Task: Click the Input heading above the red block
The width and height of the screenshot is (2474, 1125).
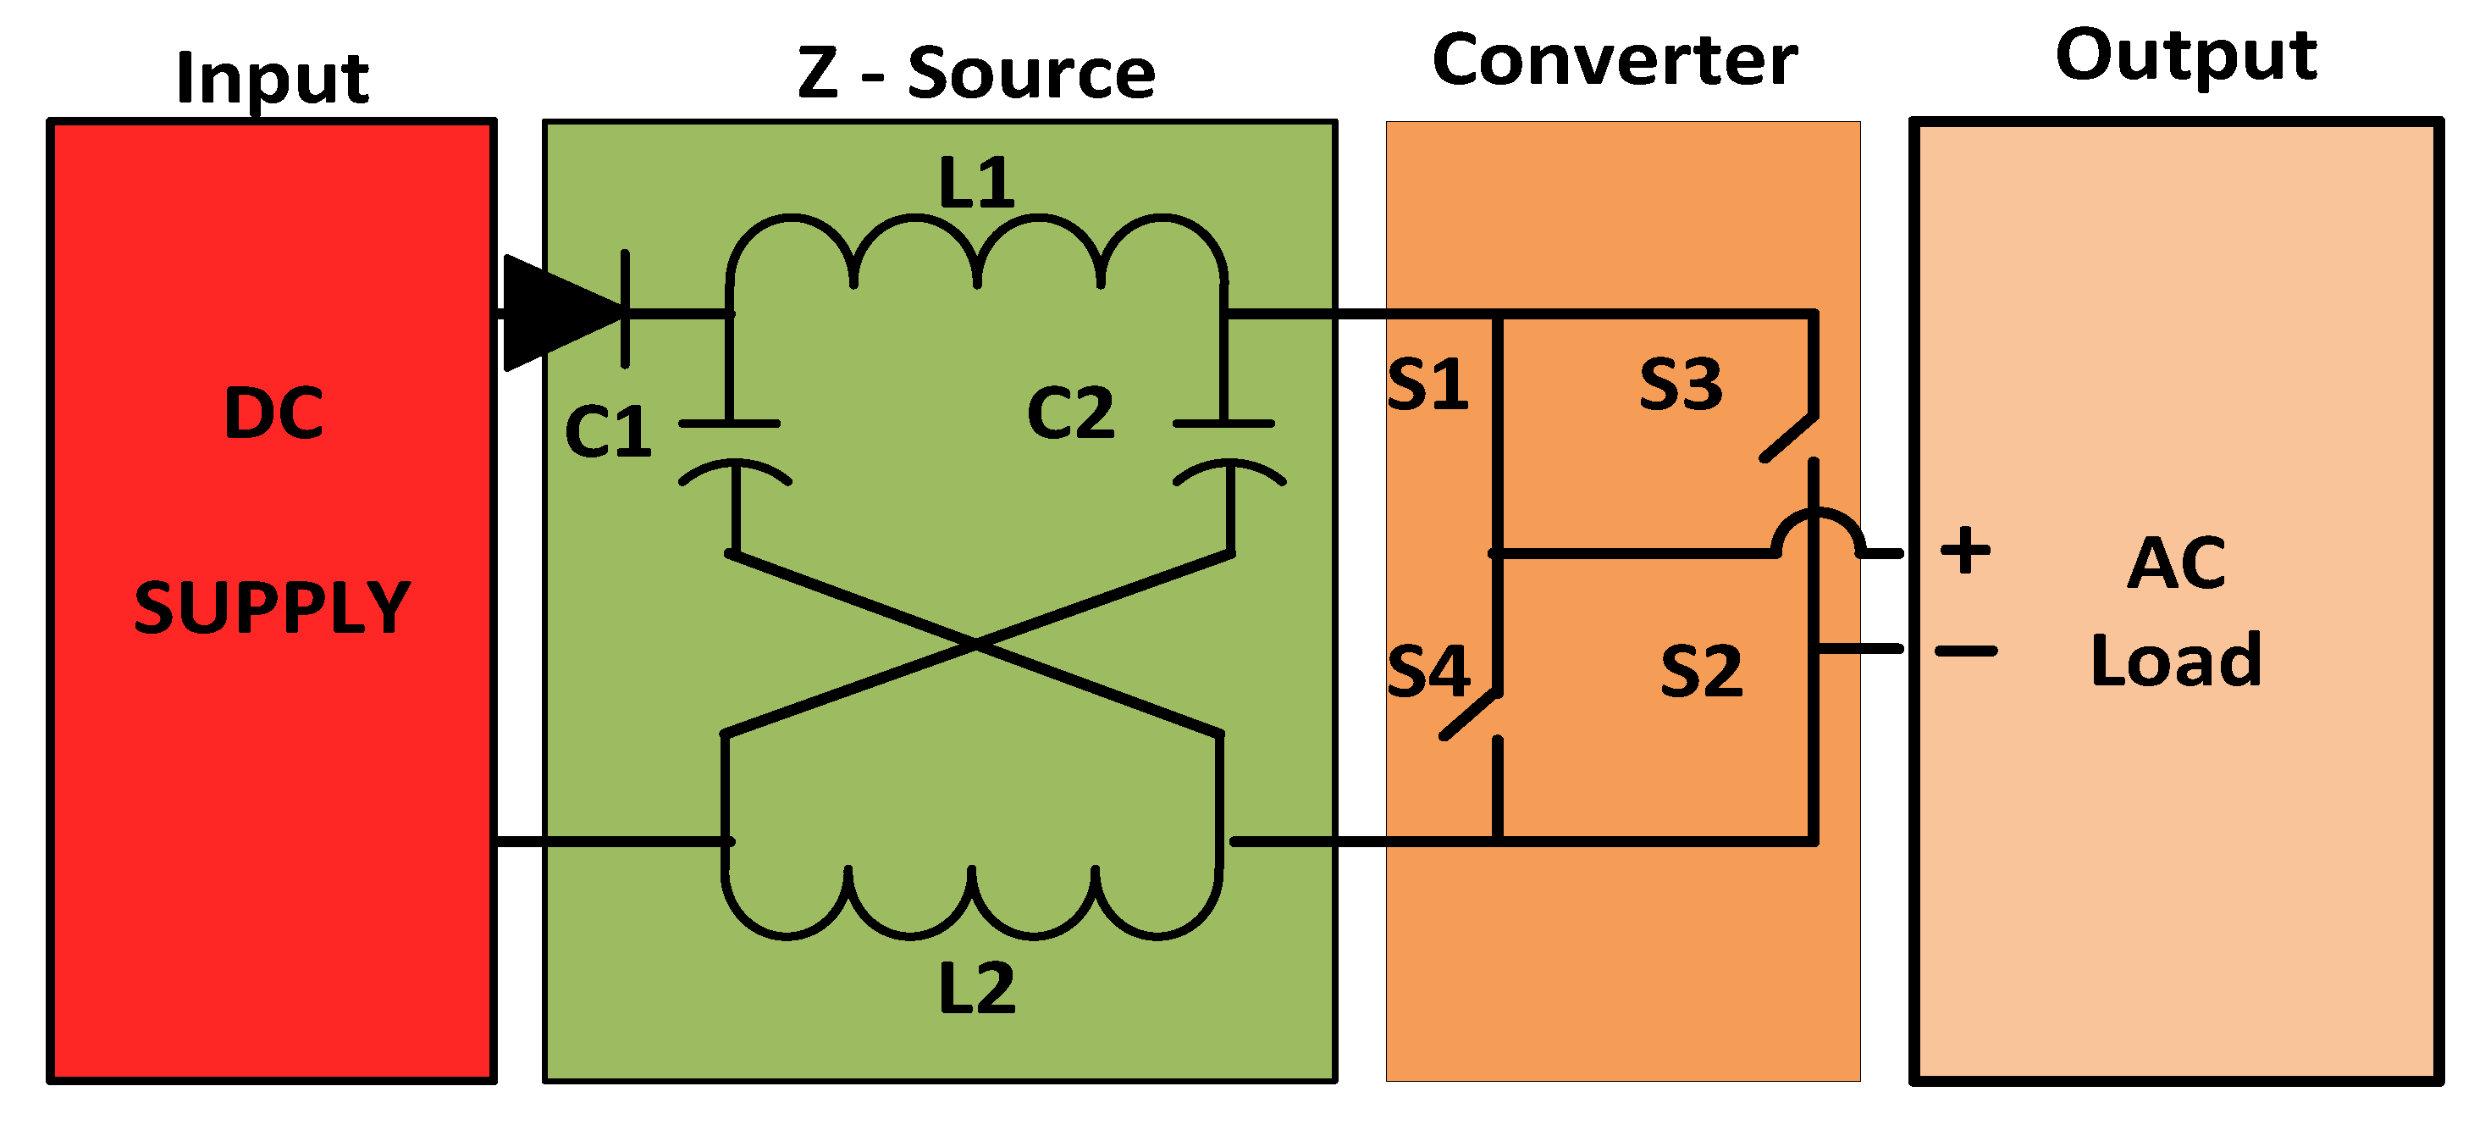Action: pos(272,79)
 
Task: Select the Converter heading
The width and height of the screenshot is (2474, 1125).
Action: pos(1615,60)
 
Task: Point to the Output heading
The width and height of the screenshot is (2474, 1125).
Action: pos(2186,55)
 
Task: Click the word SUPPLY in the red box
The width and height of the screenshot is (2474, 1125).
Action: pos(272,608)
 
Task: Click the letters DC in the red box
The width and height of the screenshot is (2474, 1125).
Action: pos(273,413)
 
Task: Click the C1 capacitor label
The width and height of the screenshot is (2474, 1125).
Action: pos(608,431)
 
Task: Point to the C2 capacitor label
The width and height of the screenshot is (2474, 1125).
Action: pos(1070,414)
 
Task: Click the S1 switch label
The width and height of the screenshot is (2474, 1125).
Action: pos(1428,385)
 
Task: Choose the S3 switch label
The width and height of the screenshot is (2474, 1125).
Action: pos(1681,385)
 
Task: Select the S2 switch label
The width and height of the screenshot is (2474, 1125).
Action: pos(1701,672)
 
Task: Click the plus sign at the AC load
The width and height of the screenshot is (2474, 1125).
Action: pos(1965,551)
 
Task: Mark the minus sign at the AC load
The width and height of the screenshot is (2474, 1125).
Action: pos(1965,651)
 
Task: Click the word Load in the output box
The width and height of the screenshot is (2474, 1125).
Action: pos(2176,660)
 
